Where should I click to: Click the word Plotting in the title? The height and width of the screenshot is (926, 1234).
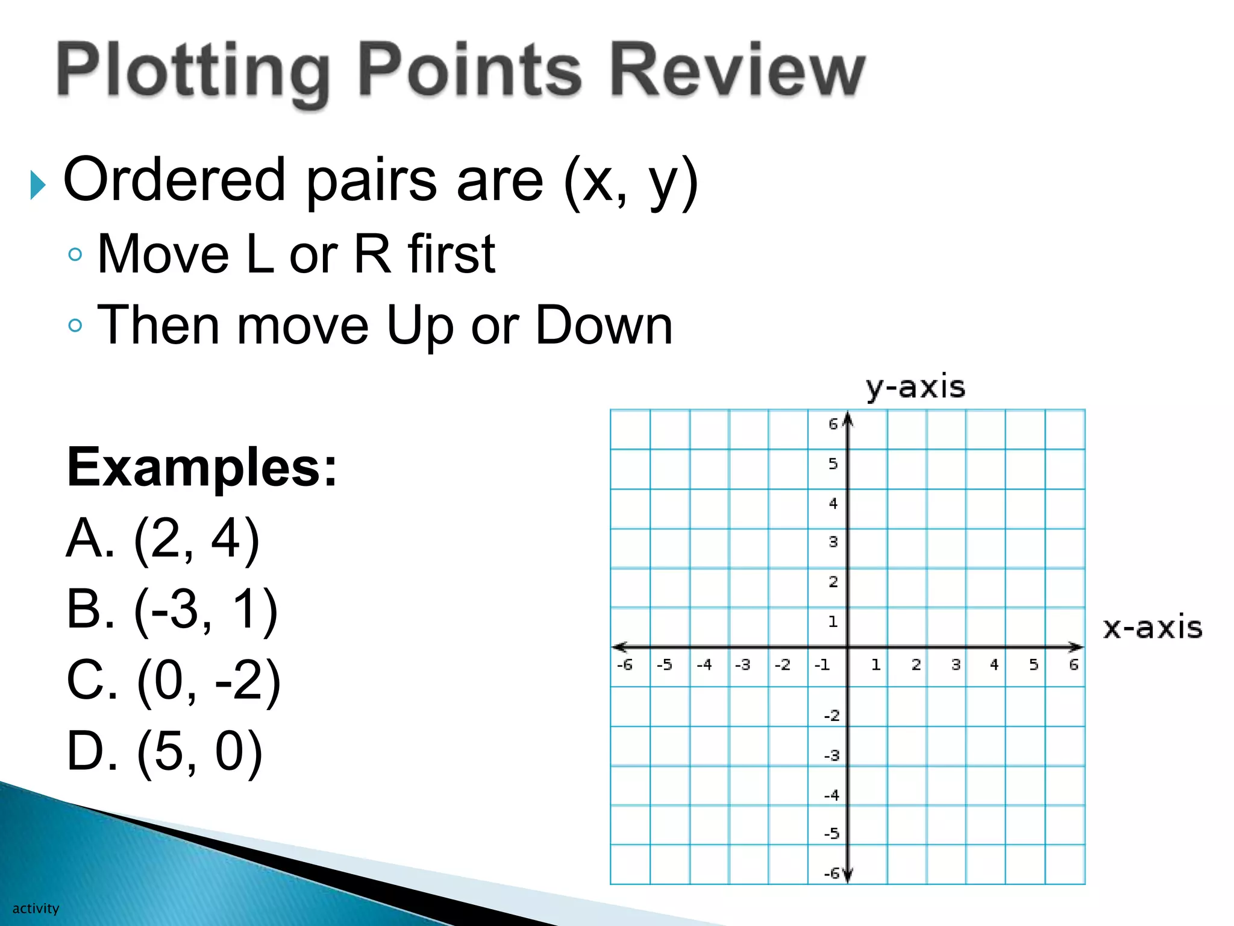pyautogui.click(x=193, y=71)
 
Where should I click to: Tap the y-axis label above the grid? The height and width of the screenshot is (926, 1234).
pyautogui.click(x=915, y=387)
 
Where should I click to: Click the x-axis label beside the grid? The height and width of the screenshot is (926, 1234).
pyautogui.click(x=1152, y=628)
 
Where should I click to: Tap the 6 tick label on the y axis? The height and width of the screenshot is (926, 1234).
pyautogui.click(x=833, y=424)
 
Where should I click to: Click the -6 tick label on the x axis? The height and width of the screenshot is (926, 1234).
pyautogui.click(x=624, y=665)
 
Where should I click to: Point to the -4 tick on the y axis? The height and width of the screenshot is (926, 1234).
pyautogui.click(x=832, y=795)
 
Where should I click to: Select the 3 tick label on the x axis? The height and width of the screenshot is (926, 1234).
pyautogui.click(x=955, y=665)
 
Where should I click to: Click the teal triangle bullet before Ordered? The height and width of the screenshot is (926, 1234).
pyautogui.click(x=38, y=184)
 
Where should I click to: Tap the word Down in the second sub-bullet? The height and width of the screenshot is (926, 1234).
pyautogui.click(x=604, y=326)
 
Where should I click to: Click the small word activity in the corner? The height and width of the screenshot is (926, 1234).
pyautogui.click(x=36, y=909)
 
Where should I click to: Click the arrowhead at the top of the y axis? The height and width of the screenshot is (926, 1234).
pyautogui.click(x=848, y=419)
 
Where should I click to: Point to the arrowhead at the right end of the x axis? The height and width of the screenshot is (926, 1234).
pyautogui.click(x=1077, y=647)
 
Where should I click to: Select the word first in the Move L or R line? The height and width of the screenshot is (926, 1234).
pyautogui.click(x=451, y=254)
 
